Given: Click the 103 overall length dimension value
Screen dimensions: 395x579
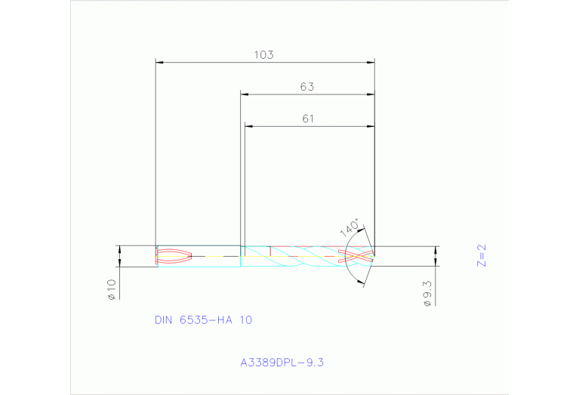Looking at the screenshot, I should (x=263, y=55).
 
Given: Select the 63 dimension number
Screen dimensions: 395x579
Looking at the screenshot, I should (x=306, y=87).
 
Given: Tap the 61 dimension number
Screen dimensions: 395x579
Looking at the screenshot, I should (x=307, y=119).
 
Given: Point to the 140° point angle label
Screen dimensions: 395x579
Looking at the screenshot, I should (x=349, y=229).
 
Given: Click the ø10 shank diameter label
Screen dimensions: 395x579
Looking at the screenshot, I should (x=111, y=289).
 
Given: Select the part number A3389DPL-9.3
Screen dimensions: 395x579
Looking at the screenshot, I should (x=282, y=363).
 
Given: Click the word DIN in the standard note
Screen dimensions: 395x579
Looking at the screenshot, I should (x=164, y=320).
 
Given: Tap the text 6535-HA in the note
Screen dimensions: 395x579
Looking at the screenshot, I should (x=206, y=320).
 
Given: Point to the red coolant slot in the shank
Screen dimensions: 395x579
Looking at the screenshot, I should (x=175, y=256).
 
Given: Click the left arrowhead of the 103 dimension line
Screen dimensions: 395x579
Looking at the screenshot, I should (x=159, y=62).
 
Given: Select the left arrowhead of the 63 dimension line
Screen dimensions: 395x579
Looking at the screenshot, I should (x=245, y=94).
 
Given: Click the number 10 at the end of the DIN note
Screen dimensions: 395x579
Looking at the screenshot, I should (x=245, y=320).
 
